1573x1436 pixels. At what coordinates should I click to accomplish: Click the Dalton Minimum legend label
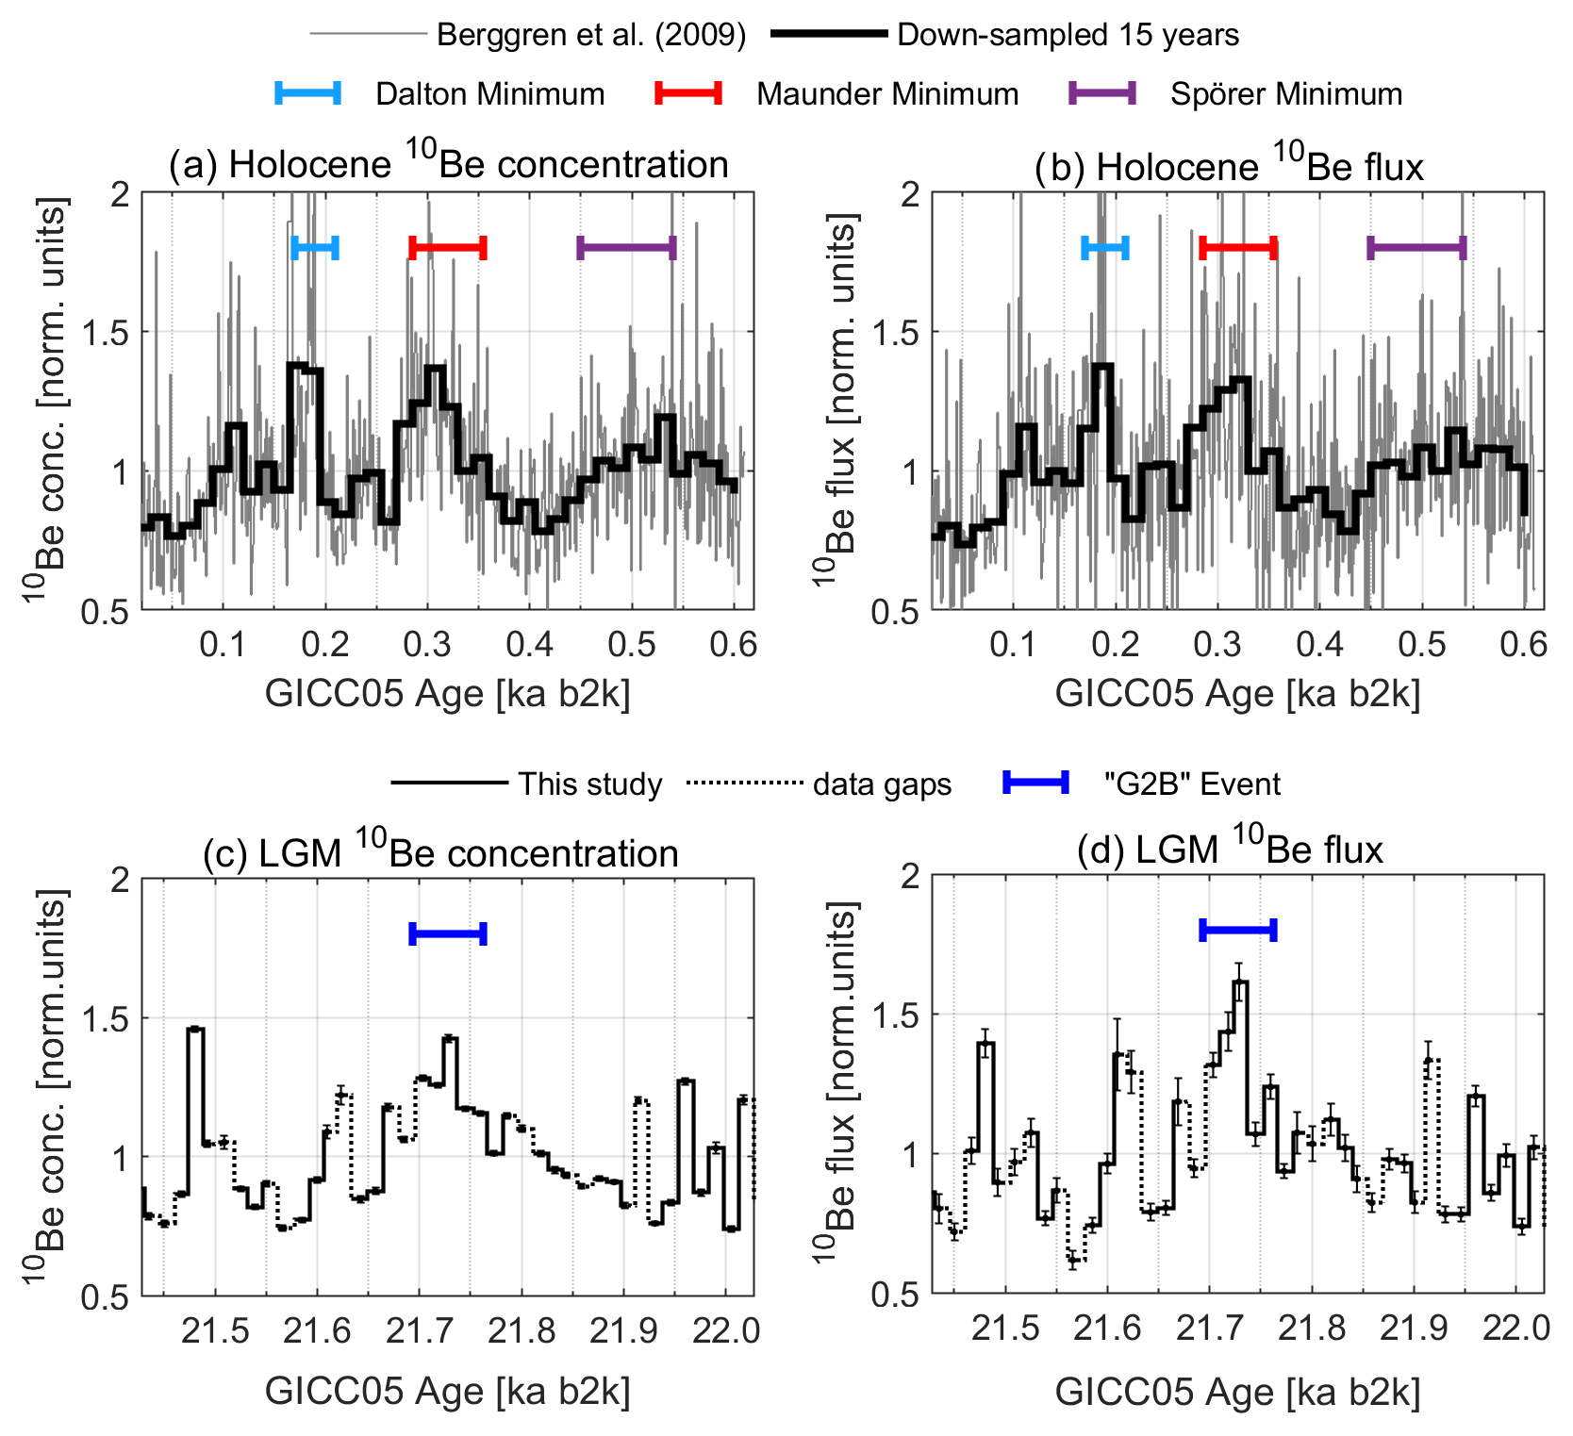(489, 94)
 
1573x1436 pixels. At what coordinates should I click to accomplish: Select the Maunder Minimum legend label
(886, 94)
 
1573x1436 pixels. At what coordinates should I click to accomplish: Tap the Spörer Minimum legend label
(1286, 94)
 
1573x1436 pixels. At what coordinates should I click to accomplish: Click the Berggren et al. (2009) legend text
(591, 36)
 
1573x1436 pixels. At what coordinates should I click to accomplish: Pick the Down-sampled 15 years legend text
(1068, 36)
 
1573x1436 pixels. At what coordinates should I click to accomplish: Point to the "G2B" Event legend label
(1192, 784)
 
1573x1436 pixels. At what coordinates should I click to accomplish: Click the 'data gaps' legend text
(882, 784)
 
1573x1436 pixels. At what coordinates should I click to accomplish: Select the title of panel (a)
(448, 164)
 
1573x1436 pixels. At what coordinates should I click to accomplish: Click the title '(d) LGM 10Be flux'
(1230, 850)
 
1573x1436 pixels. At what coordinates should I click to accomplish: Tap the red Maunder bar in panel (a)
(448, 248)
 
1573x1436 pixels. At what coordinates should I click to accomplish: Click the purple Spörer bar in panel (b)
(1416, 248)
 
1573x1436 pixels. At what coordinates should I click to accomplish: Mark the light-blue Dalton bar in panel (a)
(315, 248)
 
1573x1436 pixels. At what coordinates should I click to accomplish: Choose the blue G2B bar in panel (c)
(448, 934)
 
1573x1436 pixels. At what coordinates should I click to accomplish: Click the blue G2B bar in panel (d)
(1237, 931)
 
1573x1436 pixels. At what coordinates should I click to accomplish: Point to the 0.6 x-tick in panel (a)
(734, 644)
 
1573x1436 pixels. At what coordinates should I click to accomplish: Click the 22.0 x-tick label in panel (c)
(725, 1330)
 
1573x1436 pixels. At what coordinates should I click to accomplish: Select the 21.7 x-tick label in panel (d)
(1209, 1329)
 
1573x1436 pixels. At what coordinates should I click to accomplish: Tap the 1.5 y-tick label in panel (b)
(895, 332)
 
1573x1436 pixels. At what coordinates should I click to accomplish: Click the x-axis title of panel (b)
(1237, 693)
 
